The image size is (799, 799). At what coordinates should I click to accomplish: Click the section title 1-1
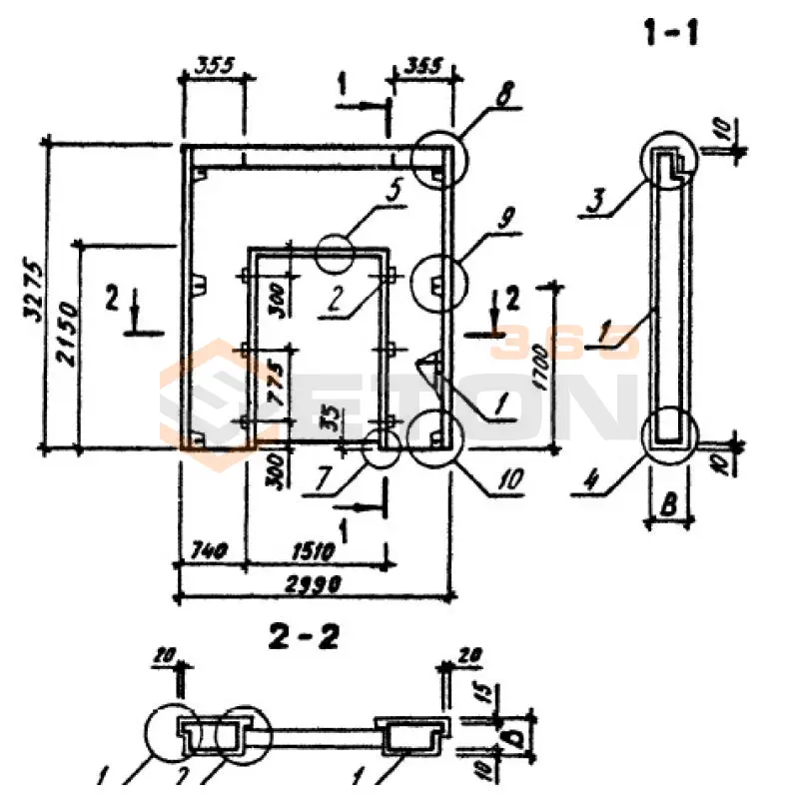671,33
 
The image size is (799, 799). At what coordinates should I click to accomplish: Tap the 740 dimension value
207,550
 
